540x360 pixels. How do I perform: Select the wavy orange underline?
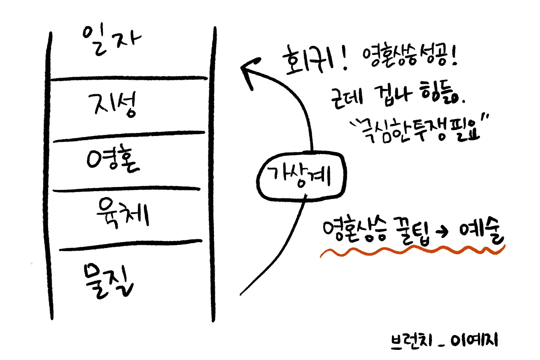[411, 252]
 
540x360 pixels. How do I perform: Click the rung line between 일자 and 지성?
[129, 79]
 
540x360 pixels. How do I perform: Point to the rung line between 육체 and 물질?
[131, 245]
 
